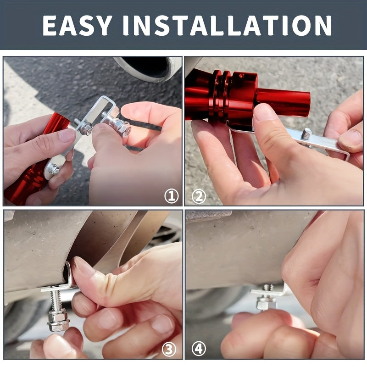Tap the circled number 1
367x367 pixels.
(x=171, y=197)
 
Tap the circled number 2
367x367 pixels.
(x=199, y=197)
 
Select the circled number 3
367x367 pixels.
(x=169, y=350)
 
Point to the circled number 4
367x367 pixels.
(x=199, y=350)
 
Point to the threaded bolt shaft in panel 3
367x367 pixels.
(x=56, y=300)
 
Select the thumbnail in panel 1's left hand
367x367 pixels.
(x=67, y=135)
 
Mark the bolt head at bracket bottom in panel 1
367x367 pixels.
(x=54, y=170)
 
